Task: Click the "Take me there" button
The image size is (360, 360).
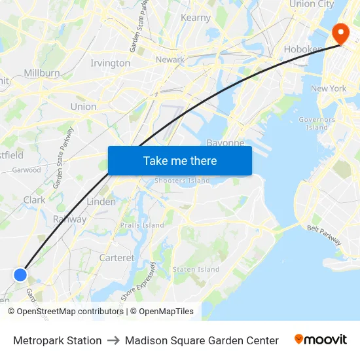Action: pos(180,160)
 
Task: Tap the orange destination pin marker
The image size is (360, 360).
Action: pos(341,33)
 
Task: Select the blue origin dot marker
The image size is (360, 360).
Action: pos(20,274)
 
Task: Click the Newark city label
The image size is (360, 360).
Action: pos(170,60)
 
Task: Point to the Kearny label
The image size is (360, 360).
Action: pos(195,18)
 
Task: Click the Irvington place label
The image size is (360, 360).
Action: pos(110,63)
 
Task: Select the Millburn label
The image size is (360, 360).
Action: pos(42,73)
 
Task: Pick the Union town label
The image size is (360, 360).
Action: pos(83,107)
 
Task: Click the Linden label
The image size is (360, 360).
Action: pos(101,202)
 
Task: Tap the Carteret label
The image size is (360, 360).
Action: pos(117,258)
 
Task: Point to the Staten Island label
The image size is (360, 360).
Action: pos(196,269)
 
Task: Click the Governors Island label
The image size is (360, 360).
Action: pos(317,123)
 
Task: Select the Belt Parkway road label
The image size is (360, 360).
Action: pos(324,234)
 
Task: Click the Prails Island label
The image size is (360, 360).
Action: pos(142,225)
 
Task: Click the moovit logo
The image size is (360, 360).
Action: pos(320,340)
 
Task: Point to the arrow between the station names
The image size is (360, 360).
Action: pos(113,340)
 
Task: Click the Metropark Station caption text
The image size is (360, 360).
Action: pos(58,340)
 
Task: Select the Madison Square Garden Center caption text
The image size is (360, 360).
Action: pos(202,340)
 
